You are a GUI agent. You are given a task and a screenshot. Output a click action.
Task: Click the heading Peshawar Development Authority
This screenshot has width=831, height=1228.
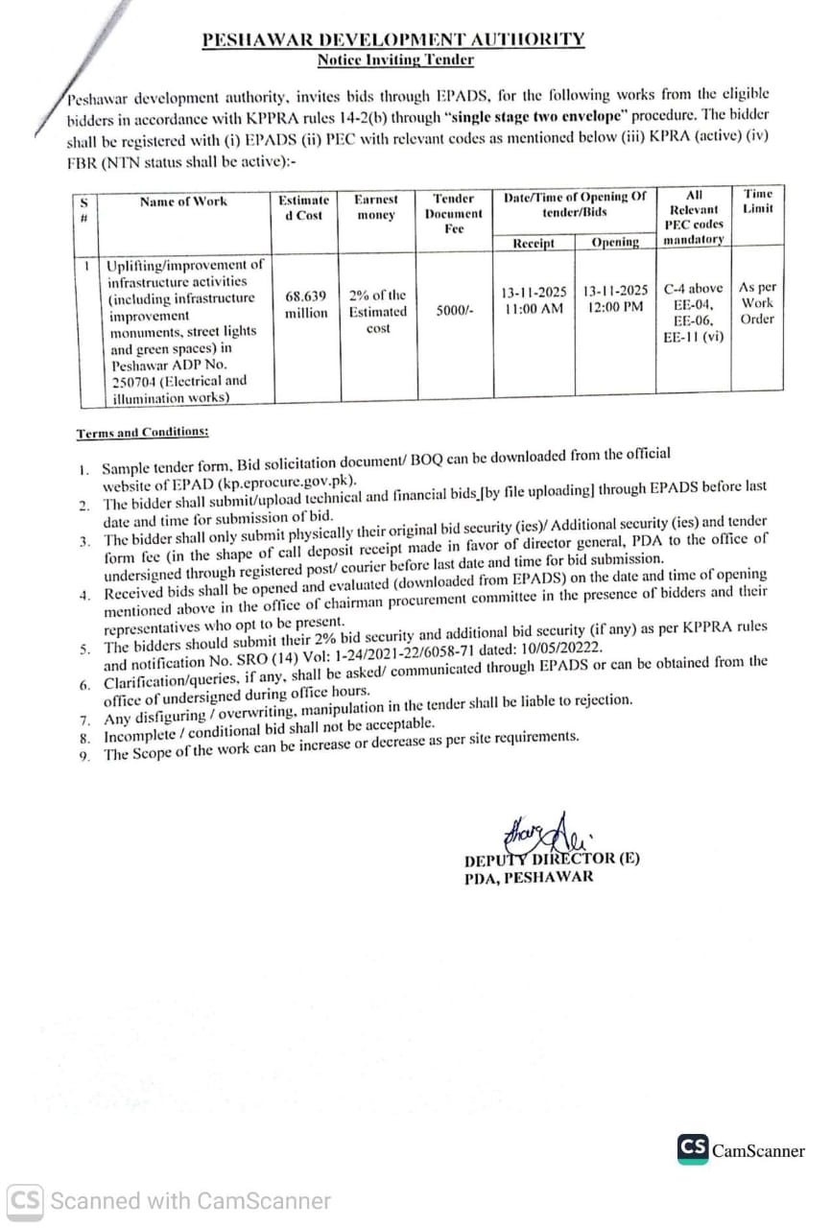[x=392, y=39]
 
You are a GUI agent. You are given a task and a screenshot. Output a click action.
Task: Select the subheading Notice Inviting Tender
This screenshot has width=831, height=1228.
[x=395, y=59]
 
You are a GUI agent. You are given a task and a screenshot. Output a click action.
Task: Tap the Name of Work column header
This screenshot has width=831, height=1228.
[x=183, y=201]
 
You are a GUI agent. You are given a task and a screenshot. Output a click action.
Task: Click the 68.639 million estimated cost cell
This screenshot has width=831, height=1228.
[x=306, y=304]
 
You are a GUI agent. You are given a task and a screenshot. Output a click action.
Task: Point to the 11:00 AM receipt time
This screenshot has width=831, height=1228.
[x=534, y=308]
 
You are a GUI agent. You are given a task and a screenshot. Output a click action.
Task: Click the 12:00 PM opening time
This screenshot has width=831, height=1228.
[x=615, y=308]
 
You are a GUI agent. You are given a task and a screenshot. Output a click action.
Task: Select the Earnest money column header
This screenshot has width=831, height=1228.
[x=375, y=207]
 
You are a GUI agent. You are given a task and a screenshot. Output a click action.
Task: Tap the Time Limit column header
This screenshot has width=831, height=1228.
[x=757, y=201]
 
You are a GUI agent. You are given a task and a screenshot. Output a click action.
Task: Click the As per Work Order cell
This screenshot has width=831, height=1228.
[x=757, y=303]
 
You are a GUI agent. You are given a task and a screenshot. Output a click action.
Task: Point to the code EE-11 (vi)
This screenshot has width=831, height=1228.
[x=693, y=337]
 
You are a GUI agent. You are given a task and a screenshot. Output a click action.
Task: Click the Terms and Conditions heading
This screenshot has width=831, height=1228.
[x=142, y=433]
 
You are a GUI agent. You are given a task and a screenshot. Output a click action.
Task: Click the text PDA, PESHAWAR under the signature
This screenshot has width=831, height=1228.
[x=529, y=877]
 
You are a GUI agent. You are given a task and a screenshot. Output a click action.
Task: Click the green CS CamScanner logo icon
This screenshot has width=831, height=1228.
[x=693, y=1148]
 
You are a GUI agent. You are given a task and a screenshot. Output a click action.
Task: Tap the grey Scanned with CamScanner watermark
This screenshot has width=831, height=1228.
[x=170, y=1200]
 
